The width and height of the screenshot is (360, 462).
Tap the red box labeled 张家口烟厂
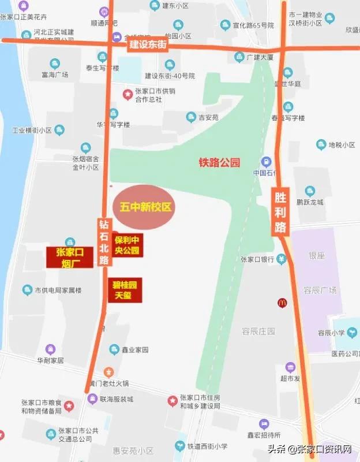coord(70,257)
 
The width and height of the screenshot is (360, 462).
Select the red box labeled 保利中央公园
coord(127,245)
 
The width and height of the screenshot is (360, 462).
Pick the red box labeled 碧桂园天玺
coord(125,290)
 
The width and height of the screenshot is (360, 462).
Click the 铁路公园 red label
coord(219,162)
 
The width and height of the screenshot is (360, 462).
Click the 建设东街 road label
coord(148,45)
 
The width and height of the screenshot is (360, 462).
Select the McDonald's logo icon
coord(283,302)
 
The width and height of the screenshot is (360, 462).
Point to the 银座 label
coord(318,255)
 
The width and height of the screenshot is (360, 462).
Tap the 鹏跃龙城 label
coord(310,202)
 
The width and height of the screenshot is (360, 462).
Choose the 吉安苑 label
coord(209,117)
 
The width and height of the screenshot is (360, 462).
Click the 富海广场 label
coord(55,74)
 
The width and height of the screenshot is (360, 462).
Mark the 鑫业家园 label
coord(137,350)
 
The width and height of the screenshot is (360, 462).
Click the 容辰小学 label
coord(331,333)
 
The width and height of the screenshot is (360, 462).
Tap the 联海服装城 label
coord(117,399)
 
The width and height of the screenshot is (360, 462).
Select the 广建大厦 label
coord(258,57)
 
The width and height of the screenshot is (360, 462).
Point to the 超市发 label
coord(291,379)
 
